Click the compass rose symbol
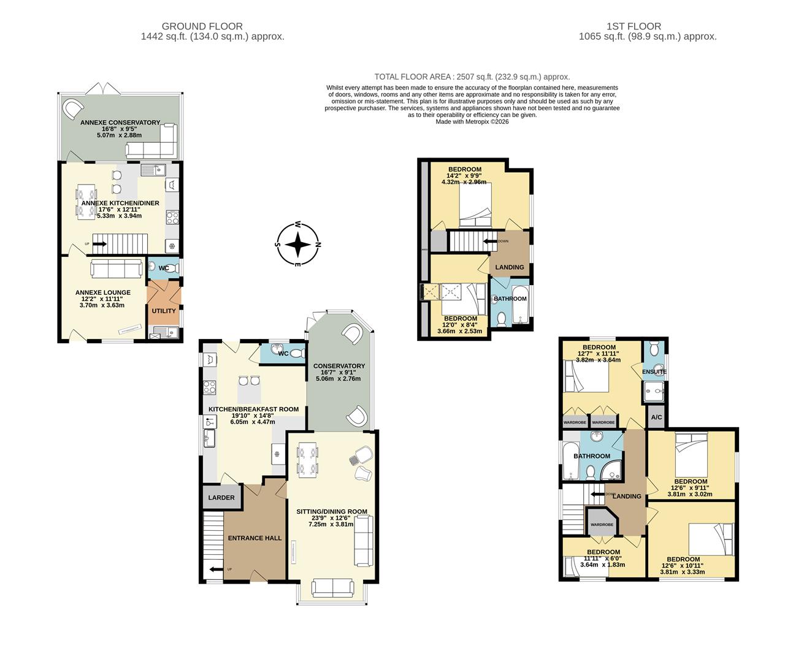point(298,245)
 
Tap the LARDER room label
point(221,497)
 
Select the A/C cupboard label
point(656,417)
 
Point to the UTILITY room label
point(164,311)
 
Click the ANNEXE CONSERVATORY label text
point(120,123)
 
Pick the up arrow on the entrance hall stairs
point(216,569)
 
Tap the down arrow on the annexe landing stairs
point(491,242)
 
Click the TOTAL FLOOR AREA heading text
point(472,77)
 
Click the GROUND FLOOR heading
point(202,26)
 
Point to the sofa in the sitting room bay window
point(332,588)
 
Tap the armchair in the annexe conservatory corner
point(72,110)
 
